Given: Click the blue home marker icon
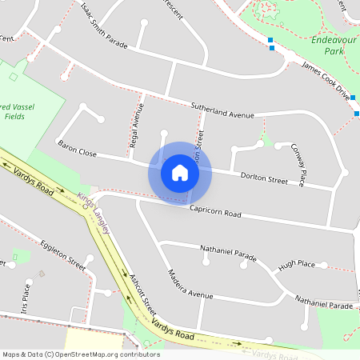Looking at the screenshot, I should click(x=180, y=173).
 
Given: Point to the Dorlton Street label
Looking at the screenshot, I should click(x=265, y=178).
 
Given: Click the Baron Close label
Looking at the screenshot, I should click(x=77, y=149).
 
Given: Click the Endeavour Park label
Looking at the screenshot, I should click(x=328, y=45).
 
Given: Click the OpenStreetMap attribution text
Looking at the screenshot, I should click(x=81, y=354).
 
